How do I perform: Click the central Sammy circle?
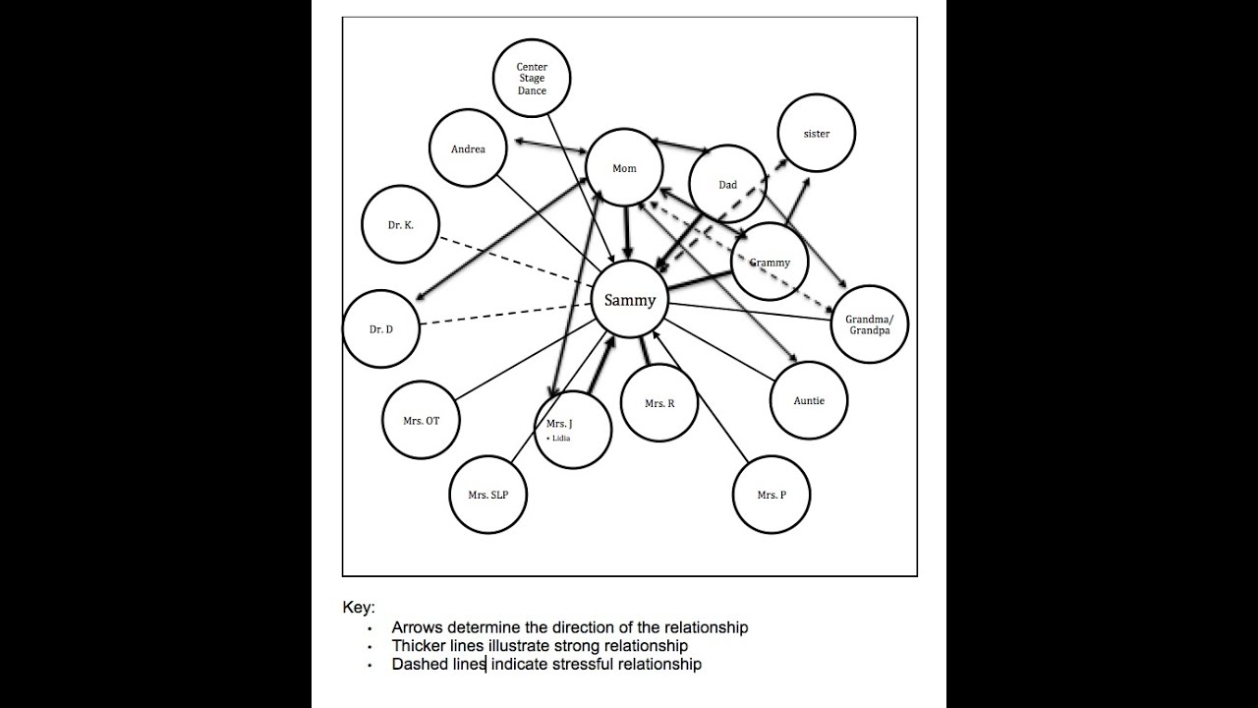(629, 300)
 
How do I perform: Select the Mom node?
(624, 168)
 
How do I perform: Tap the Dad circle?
(727, 184)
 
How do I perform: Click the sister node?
(816, 134)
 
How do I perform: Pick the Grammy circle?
(769, 263)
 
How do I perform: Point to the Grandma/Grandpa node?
(869, 324)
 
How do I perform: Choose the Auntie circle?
(809, 400)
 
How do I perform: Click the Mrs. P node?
(772, 495)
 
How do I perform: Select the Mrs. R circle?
(659, 403)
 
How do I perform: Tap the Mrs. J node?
(573, 429)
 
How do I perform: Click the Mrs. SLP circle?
(488, 495)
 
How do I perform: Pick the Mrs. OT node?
(421, 421)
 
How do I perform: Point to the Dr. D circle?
(381, 329)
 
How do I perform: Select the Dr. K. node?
(400, 225)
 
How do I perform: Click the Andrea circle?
(468, 148)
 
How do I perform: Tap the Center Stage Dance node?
(532, 79)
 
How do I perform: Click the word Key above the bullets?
(358, 608)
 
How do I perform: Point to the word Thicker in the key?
(419, 645)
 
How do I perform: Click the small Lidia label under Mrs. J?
(559, 439)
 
